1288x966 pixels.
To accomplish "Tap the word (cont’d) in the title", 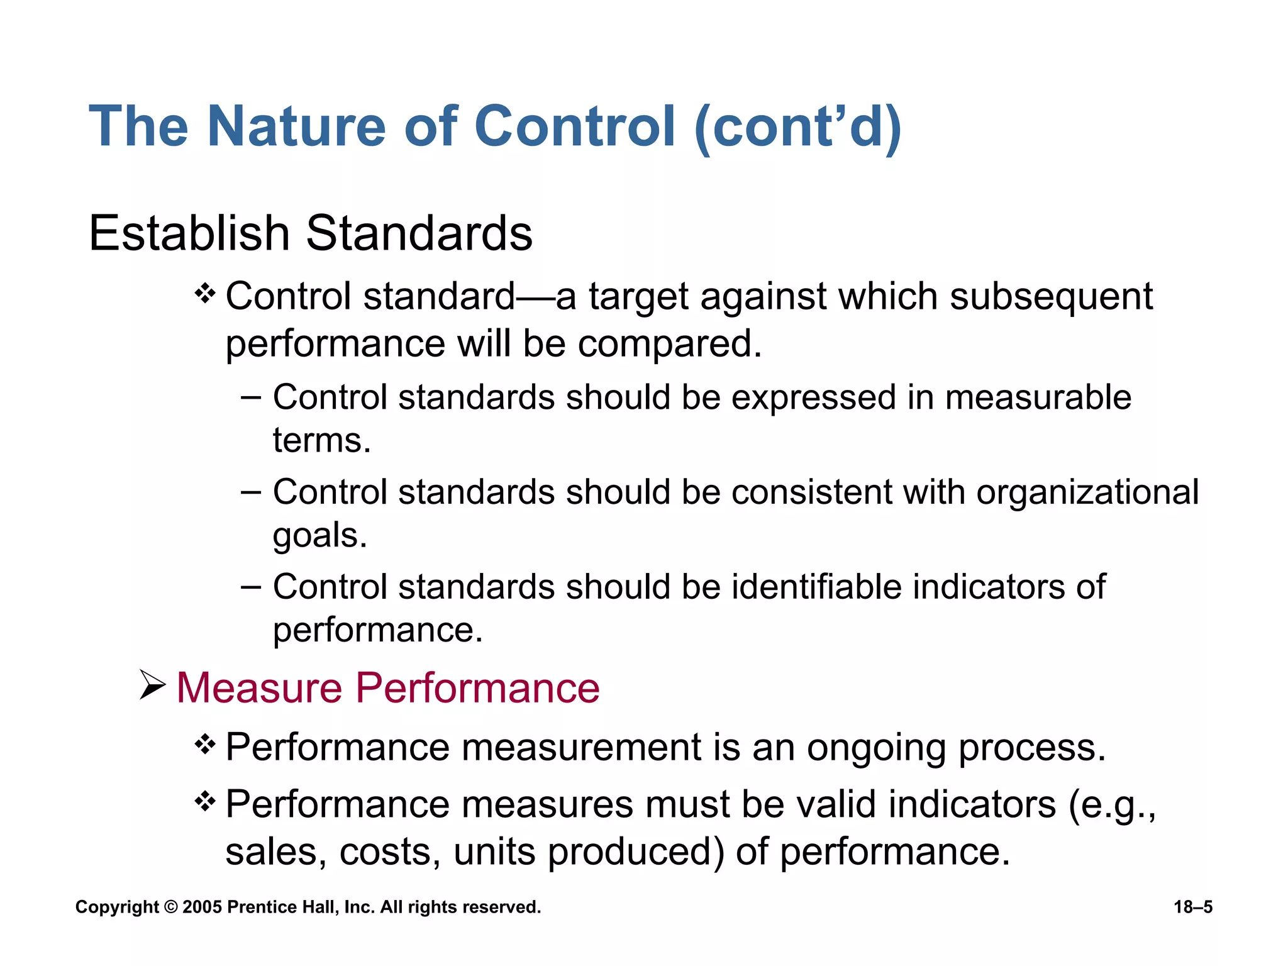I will pos(798,128).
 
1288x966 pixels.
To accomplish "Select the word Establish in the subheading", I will pos(189,233).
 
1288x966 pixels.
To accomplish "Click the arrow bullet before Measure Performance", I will pos(153,686).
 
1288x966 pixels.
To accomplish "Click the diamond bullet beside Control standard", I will pos(206,293).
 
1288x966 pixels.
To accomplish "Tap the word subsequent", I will pos(1051,297).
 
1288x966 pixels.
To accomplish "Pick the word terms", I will pos(321,440).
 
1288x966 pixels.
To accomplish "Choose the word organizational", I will pos(1087,492).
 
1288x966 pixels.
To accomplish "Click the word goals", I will pos(319,536).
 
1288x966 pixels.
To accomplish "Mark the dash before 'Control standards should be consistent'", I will pos(251,492).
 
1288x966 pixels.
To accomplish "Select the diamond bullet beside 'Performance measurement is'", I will pos(206,745).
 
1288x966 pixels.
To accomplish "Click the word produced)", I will pos(636,853).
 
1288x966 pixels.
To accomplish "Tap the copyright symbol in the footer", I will pos(170,907).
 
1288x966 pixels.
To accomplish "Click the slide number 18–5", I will pos(1192,907).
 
